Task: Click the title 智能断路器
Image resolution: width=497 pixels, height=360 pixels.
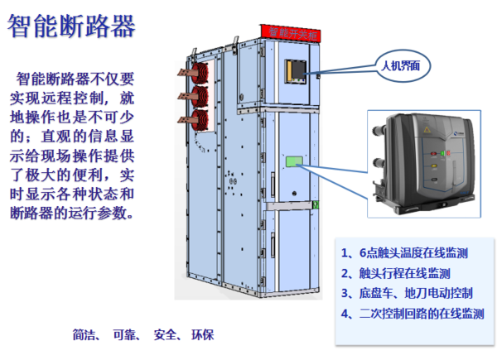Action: tap(71, 26)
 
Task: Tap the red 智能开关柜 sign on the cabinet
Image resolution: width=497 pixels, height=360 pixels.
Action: tap(291, 33)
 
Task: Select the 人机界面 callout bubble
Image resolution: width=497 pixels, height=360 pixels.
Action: tap(403, 66)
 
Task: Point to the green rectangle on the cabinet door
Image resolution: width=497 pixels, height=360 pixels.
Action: tap(294, 161)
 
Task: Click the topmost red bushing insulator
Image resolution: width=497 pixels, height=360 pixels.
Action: tap(200, 73)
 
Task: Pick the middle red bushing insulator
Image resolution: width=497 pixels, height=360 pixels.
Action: tap(200, 97)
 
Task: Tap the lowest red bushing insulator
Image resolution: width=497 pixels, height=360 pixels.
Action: tap(200, 120)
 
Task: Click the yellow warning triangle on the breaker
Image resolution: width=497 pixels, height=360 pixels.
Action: tap(427, 130)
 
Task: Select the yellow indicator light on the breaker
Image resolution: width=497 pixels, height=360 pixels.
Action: tap(434, 166)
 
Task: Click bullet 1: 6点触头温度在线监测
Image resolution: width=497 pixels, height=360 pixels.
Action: tap(404, 252)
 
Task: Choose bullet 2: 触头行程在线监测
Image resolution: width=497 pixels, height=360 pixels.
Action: tap(396, 273)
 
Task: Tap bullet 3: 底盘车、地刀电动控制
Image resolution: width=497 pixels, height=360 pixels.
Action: tap(407, 293)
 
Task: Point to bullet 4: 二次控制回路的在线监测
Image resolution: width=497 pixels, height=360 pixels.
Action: tap(413, 314)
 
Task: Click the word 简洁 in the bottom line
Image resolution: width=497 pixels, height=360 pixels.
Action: tap(84, 334)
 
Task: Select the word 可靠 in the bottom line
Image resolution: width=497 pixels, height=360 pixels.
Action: tap(124, 334)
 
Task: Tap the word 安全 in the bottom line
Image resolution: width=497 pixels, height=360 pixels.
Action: tap(165, 334)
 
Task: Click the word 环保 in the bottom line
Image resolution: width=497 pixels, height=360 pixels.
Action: tap(203, 334)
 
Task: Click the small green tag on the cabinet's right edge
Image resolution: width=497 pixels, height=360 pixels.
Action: tap(316, 204)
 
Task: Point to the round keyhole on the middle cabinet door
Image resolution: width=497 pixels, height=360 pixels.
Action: tap(294, 193)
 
